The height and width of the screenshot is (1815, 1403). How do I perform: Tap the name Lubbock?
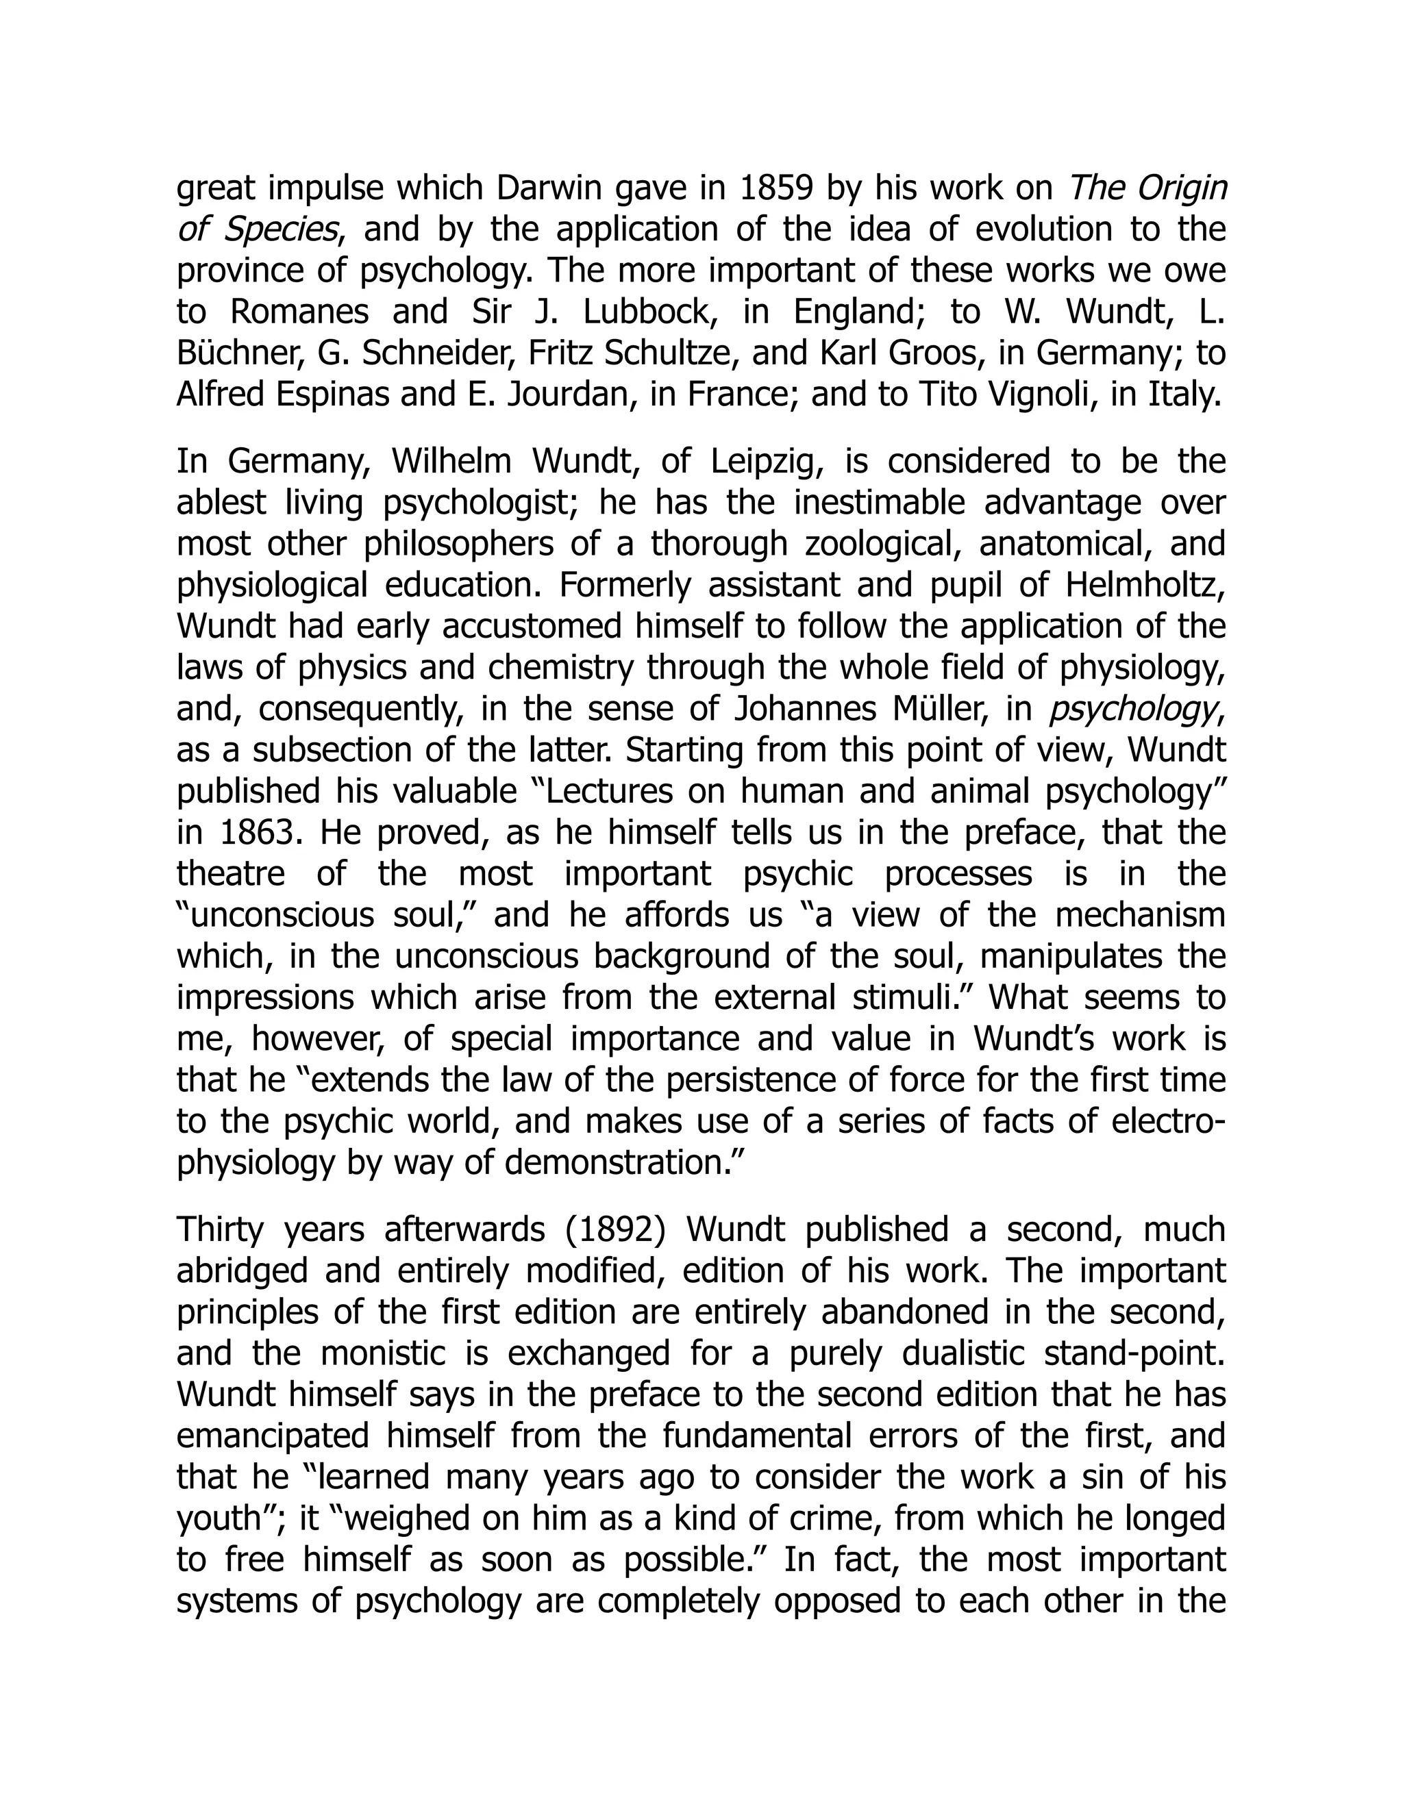coord(651,312)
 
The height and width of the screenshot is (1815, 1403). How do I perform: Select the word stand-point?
coord(1143,1354)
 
